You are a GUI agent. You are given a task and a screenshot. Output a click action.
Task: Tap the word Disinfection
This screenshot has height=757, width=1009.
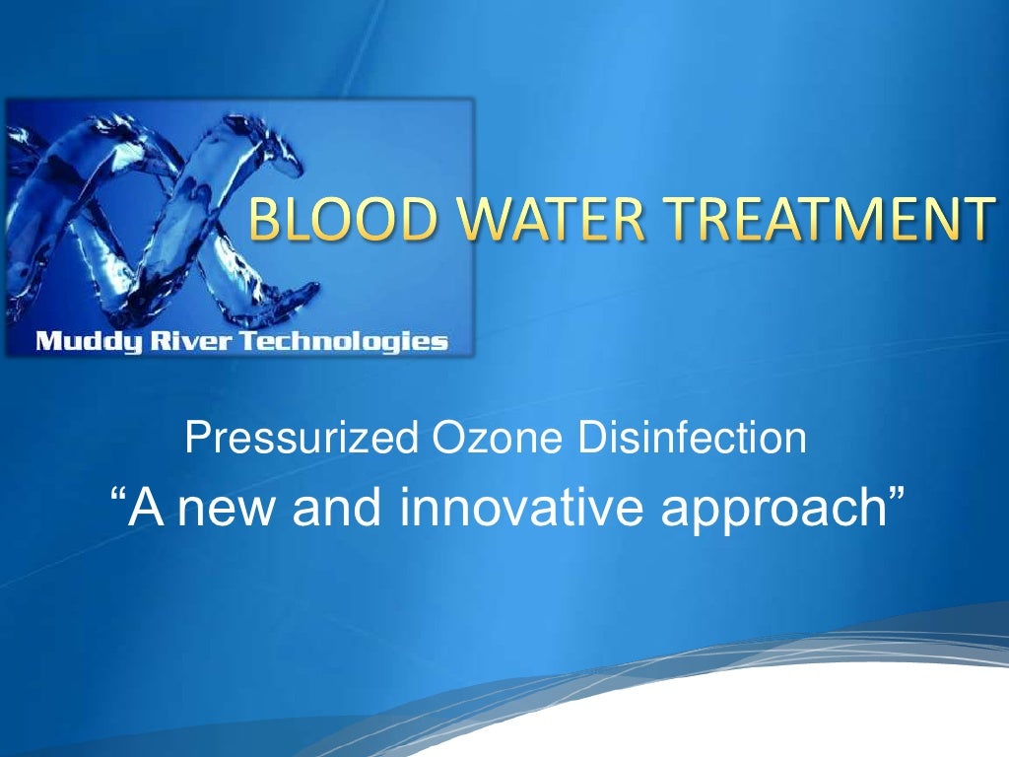pos(692,439)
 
